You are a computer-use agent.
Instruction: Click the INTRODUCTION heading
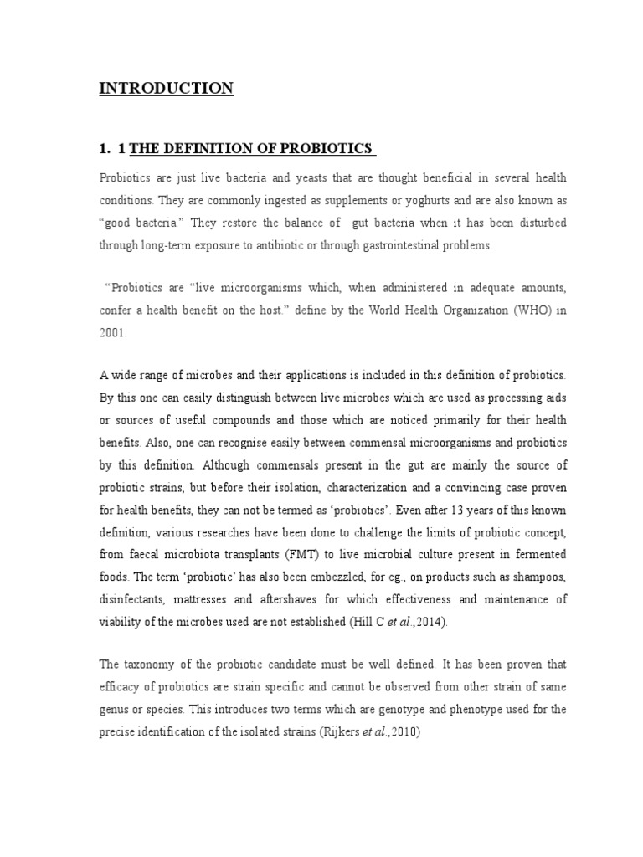tap(167, 89)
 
